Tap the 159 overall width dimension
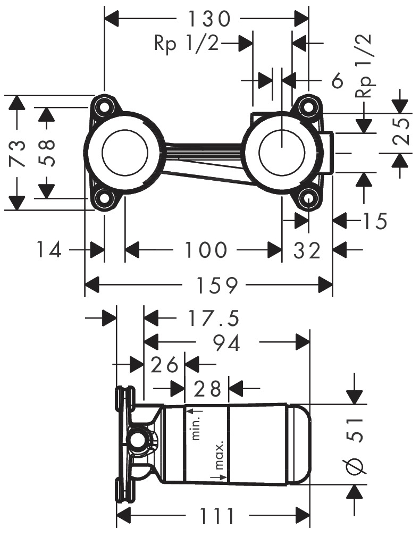click(216, 285)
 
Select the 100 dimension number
click(206, 250)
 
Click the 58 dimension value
click(45, 153)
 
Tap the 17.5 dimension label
click(214, 318)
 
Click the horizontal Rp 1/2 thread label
click(187, 43)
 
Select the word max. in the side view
click(219, 455)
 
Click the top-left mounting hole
click(104, 106)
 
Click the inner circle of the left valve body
click(125, 151)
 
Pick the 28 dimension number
click(207, 389)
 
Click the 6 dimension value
click(337, 81)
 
